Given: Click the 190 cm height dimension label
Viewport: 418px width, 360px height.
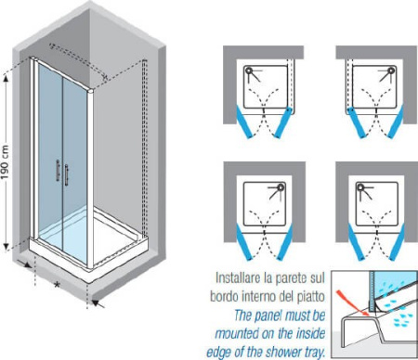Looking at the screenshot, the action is pos(6,162).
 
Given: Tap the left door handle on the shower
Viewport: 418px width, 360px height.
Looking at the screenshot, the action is pos(58,170).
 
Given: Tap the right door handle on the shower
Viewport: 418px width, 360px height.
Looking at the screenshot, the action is pos(66,174).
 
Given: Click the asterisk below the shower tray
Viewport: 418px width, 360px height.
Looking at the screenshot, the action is pos(57,285).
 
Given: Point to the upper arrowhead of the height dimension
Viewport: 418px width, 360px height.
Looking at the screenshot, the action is pos(7,79).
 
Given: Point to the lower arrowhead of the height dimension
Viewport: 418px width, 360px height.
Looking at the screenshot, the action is pos(7,247).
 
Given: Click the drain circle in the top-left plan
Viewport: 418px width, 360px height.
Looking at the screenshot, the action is pos(249,71).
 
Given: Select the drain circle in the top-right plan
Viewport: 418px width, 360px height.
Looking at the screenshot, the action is pos(392,71).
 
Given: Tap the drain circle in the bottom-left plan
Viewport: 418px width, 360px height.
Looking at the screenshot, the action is pos(281,186).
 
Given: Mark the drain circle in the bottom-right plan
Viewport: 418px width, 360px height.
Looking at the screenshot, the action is pos(360,186).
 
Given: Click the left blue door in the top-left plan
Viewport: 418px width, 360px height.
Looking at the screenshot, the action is pos(244,122).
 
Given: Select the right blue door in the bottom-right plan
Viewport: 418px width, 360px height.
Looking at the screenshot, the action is pos(397,242).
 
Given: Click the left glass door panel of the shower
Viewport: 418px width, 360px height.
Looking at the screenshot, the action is pos(50,155).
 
